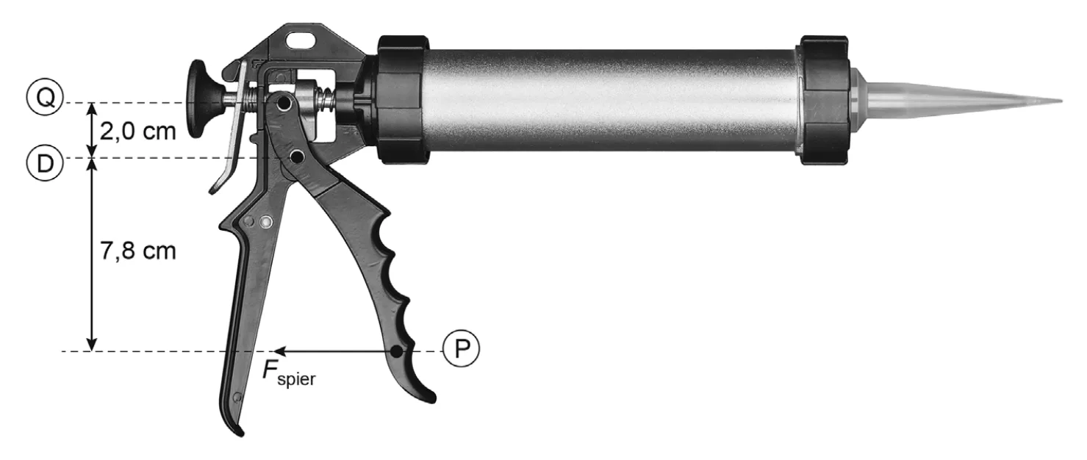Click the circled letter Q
pyautogui.click(x=45, y=97)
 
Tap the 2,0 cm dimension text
pyautogui.click(x=138, y=132)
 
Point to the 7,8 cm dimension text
pyautogui.click(x=138, y=251)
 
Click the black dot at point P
pyautogui.click(x=397, y=351)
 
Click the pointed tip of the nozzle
pyautogui.click(x=1061, y=101)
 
